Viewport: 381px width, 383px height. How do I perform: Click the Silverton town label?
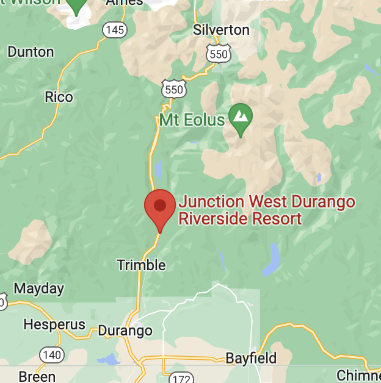coord(221,30)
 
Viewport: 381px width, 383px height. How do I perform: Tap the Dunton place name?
coord(31,52)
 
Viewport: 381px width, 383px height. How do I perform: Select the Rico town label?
coord(59,97)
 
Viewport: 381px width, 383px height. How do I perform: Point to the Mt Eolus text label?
coord(192,120)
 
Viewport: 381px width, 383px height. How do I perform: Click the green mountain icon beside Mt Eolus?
coord(241,115)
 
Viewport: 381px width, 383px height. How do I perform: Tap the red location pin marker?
coord(160,207)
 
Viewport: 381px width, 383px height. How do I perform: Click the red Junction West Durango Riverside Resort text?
coord(267,210)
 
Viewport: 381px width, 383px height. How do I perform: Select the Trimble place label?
coord(141,265)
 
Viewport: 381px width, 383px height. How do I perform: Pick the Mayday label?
coord(38,288)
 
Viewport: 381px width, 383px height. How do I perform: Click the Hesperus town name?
coord(54,324)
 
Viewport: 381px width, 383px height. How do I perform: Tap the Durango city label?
coord(125,331)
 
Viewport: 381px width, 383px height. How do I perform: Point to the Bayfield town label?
coord(251,358)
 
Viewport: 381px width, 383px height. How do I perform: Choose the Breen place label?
coord(37,376)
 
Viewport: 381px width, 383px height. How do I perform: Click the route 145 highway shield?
coord(115,29)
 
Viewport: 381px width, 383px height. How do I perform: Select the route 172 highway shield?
coord(180,377)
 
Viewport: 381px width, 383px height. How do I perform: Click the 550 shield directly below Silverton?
coord(218,54)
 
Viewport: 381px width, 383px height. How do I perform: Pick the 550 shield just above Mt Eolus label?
coord(173,90)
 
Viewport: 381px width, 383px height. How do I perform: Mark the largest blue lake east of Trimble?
coord(272,262)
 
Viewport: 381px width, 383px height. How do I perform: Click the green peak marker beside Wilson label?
coord(76,6)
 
